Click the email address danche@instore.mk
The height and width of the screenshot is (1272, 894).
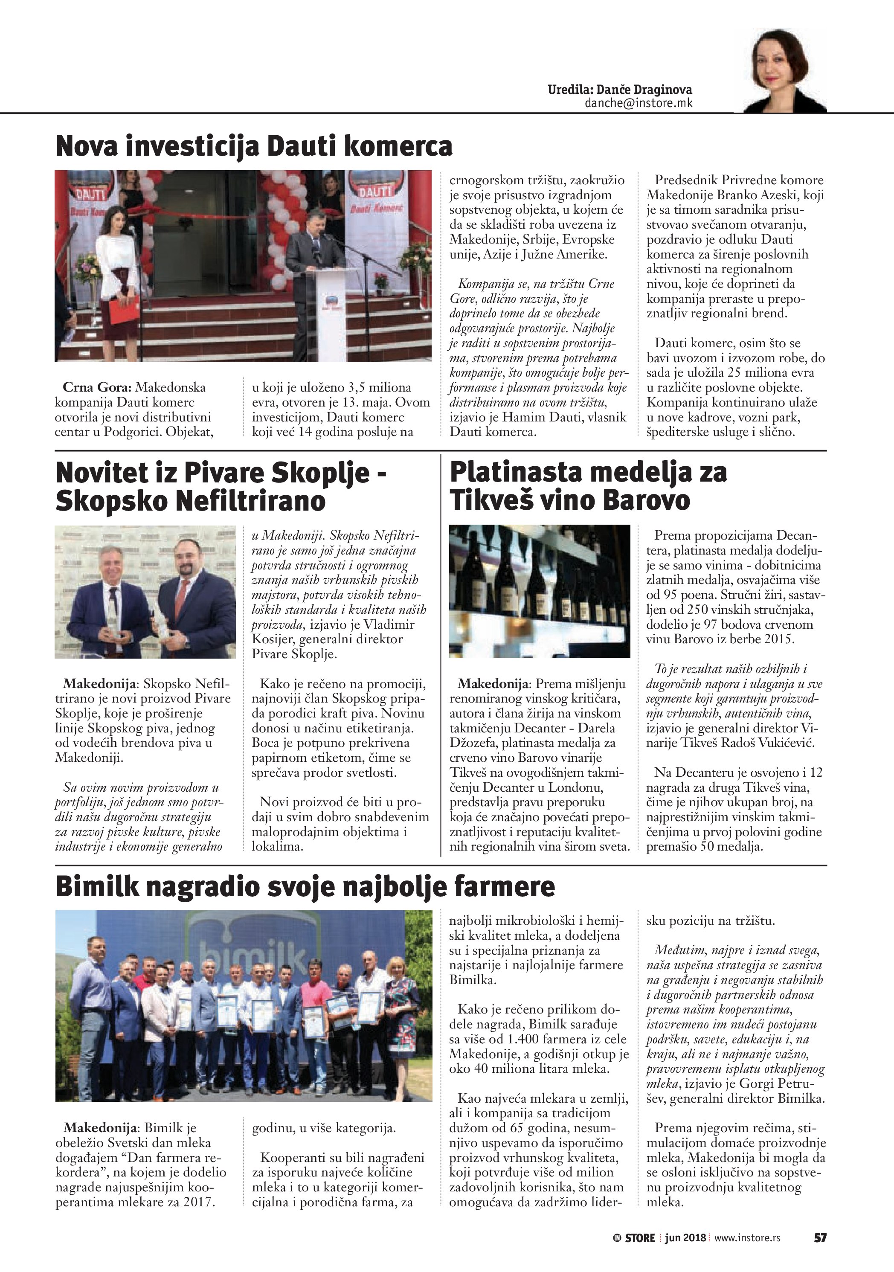pos(638,103)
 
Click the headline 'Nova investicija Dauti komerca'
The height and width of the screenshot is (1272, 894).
pos(254,146)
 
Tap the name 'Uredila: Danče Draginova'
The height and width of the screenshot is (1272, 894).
pos(619,90)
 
